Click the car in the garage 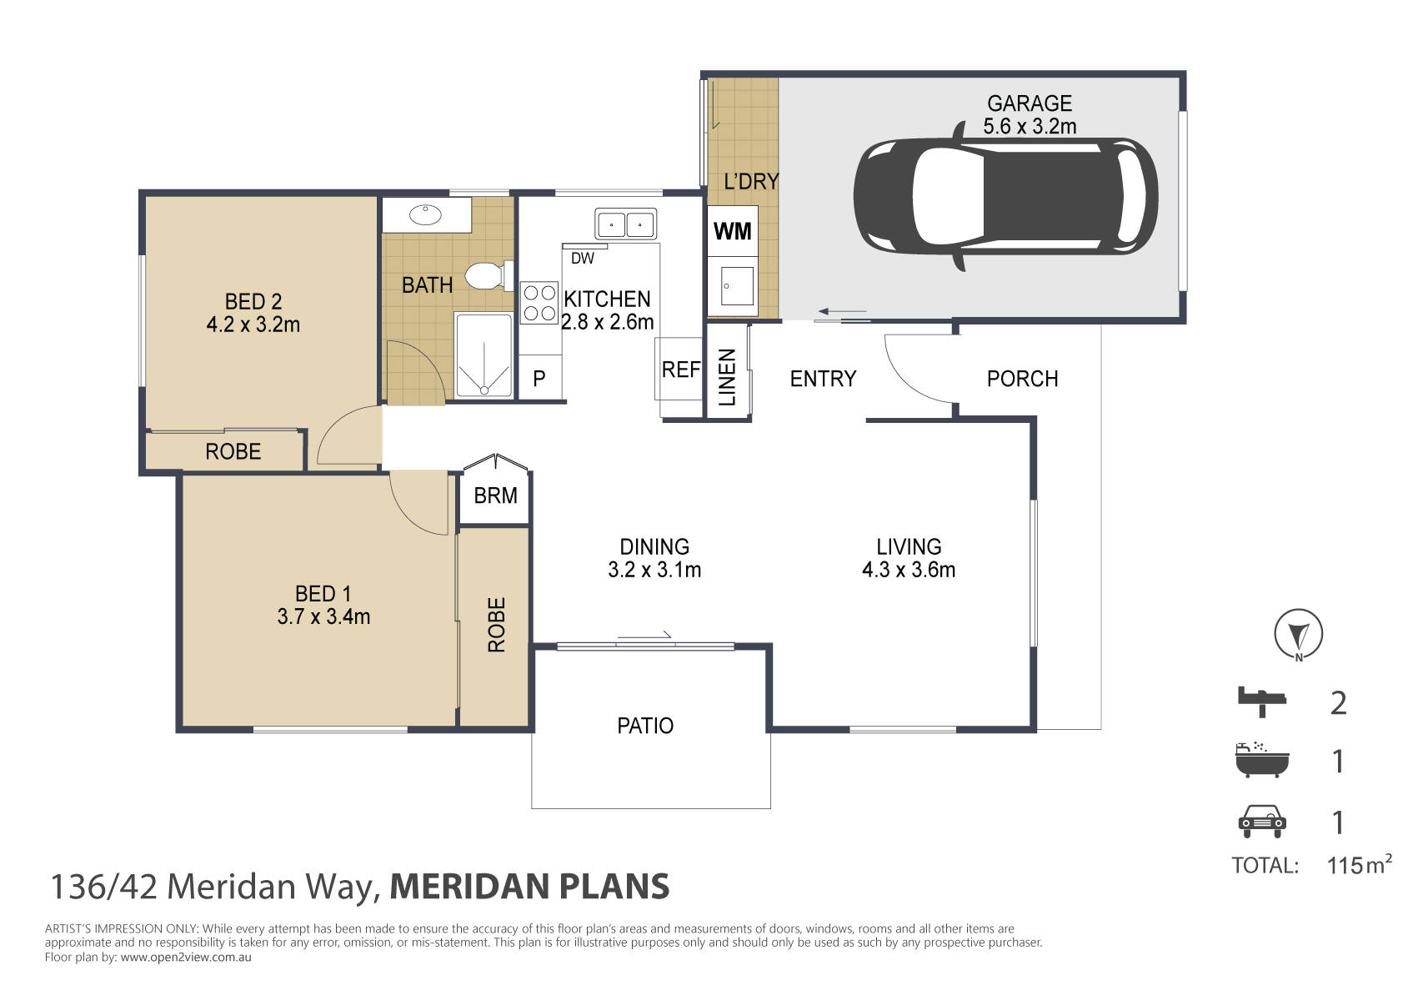pyautogui.click(x=1005, y=196)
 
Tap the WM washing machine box pyautogui.click(x=733, y=231)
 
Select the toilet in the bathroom pyautogui.click(x=489, y=276)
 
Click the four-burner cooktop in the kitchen pyautogui.click(x=539, y=303)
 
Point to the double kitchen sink pyautogui.click(x=626, y=224)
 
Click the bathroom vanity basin pyautogui.click(x=425, y=214)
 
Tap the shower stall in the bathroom pyautogui.click(x=484, y=356)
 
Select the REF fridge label pyautogui.click(x=680, y=370)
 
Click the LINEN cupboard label pyautogui.click(x=727, y=377)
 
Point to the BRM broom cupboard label pyautogui.click(x=495, y=496)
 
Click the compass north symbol pyautogui.click(x=1298, y=634)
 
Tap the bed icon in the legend pyautogui.click(x=1261, y=702)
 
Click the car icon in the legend pyautogui.click(x=1261, y=821)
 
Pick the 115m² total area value pyautogui.click(x=1359, y=864)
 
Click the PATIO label pyautogui.click(x=644, y=726)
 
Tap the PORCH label pyautogui.click(x=1022, y=379)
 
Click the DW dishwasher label pyautogui.click(x=582, y=258)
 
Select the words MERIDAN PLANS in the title pyautogui.click(x=529, y=886)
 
